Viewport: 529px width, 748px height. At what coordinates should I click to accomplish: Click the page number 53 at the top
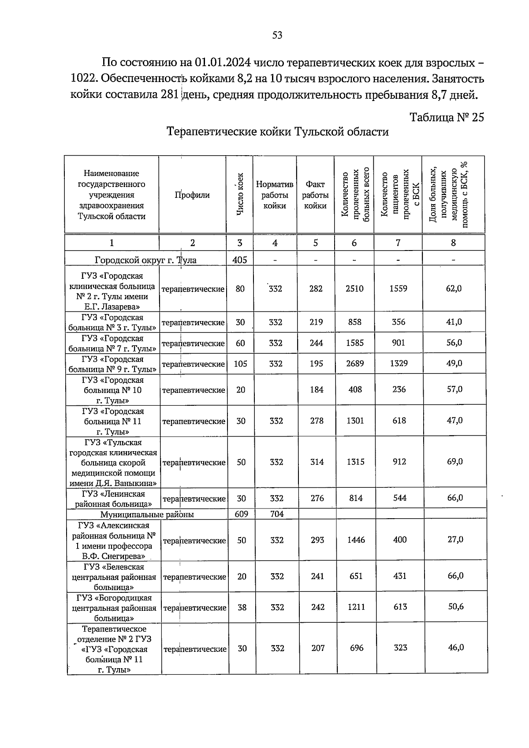click(x=277, y=35)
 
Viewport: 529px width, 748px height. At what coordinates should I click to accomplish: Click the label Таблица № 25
click(x=447, y=117)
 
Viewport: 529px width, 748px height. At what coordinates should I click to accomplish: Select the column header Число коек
click(x=240, y=194)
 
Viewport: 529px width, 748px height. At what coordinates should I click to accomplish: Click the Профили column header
click(x=192, y=195)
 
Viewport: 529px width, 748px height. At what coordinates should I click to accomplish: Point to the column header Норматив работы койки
click(x=275, y=195)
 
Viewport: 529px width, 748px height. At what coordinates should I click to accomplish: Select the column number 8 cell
click(x=453, y=243)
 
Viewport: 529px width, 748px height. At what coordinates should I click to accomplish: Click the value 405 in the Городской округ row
click(x=240, y=260)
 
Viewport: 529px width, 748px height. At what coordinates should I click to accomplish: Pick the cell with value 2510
click(x=354, y=289)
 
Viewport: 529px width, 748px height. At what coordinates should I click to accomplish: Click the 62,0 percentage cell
click(x=454, y=289)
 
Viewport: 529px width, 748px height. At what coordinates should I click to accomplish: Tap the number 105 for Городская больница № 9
click(x=240, y=364)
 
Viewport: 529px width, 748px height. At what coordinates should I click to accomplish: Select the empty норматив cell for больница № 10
click(x=275, y=390)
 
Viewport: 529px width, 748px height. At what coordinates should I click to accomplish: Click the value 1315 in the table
click(x=355, y=462)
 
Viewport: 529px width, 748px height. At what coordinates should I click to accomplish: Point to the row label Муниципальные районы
click(x=147, y=514)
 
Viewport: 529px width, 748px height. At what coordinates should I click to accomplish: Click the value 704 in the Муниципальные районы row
click(x=277, y=514)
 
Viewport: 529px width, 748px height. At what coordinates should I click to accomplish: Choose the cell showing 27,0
click(x=455, y=540)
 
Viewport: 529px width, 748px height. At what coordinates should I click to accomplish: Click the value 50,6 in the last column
click(x=456, y=607)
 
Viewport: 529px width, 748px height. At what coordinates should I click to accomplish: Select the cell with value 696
click(x=357, y=648)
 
